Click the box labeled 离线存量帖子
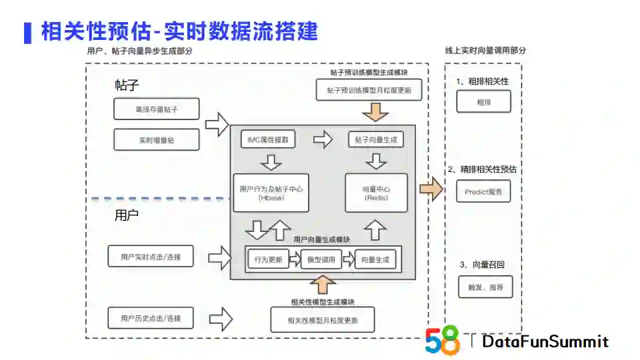[x=157, y=109]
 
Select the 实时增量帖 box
[x=157, y=140]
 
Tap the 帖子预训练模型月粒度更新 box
[x=369, y=90]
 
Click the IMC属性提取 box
[x=268, y=140]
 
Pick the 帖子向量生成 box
[x=376, y=140]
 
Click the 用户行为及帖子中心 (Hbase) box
[x=271, y=193]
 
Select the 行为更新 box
[x=268, y=259]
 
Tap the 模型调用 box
[x=321, y=259]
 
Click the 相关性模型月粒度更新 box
[x=322, y=320]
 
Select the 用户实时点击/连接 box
[x=151, y=256]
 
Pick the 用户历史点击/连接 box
[x=151, y=317]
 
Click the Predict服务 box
[x=483, y=191]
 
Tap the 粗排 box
[x=483, y=103]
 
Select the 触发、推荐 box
[x=485, y=287]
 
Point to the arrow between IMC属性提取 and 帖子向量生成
[x=323, y=139]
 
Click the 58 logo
[x=443, y=340]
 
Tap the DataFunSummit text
[x=545, y=342]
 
